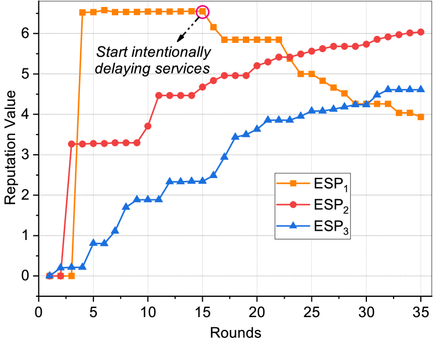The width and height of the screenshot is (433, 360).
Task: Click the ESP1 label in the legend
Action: click(x=332, y=185)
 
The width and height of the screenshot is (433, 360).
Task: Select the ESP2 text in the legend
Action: click(x=332, y=206)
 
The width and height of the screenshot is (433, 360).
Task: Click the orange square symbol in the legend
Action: click(x=293, y=184)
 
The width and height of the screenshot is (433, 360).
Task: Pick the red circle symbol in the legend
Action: click(x=293, y=205)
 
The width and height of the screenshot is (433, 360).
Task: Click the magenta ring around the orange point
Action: click(x=203, y=12)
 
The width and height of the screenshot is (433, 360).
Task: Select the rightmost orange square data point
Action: click(x=421, y=117)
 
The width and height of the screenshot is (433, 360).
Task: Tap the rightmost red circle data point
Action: click(x=421, y=32)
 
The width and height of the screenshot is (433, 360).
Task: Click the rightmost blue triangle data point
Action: click(x=421, y=89)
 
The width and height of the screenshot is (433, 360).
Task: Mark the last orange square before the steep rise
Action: click(x=71, y=276)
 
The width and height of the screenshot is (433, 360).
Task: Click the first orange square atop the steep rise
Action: click(x=82, y=12)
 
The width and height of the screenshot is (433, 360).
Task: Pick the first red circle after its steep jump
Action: click(x=72, y=144)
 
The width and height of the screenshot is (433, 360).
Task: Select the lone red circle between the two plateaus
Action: click(x=148, y=126)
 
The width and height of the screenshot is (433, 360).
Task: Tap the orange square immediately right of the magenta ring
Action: click(x=213, y=27)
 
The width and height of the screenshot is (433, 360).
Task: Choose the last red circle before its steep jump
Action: click(x=60, y=276)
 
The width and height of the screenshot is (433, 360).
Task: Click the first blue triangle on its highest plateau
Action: click(x=388, y=89)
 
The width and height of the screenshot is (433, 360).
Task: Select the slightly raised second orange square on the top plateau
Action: click(x=104, y=10)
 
